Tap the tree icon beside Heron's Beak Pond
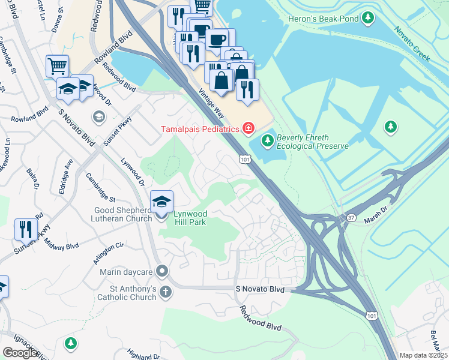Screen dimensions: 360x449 coord(367,19)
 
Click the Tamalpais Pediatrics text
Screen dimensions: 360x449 coord(199,129)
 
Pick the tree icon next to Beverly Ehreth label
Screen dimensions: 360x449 coord(267,141)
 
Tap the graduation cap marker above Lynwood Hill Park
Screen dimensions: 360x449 coord(161,202)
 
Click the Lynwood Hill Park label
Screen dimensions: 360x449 coord(190,218)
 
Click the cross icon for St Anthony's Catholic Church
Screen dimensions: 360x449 coord(164,292)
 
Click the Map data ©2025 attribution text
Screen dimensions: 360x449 coord(422,355)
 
